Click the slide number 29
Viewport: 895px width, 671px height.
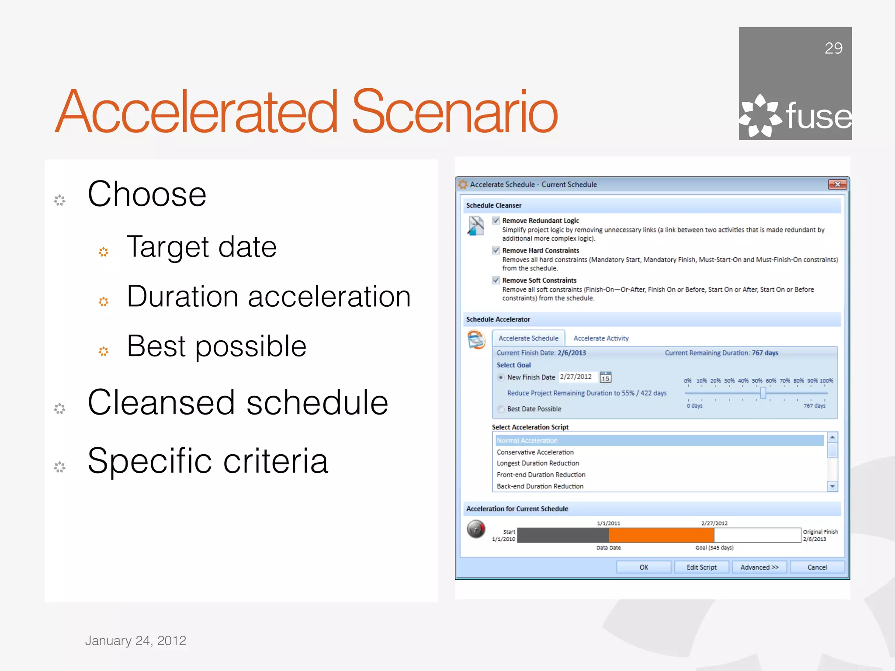tap(833, 48)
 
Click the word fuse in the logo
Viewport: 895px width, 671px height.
tap(818, 116)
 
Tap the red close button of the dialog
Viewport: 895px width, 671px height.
tap(837, 184)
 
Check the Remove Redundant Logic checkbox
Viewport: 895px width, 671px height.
tap(496, 220)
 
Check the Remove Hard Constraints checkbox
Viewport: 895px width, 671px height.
tap(496, 250)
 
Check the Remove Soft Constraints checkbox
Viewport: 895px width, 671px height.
tap(496, 280)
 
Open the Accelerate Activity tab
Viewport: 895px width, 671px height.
tap(601, 338)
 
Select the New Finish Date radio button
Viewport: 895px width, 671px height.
tap(501, 377)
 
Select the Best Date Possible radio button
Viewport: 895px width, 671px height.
tap(501, 409)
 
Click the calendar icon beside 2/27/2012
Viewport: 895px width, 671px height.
tap(605, 377)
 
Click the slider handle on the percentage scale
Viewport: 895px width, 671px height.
tap(763, 393)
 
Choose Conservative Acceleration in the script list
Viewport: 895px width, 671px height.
tap(535, 452)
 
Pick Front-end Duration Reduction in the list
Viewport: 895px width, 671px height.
tap(541, 474)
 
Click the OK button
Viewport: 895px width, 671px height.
tap(643, 567)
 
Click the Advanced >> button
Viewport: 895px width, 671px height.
tap(759, 567)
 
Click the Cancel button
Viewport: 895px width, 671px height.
tap(817, 567)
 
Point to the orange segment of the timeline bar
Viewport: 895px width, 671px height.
tap(661, 535)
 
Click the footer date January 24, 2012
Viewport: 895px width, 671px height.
tap(135, 640)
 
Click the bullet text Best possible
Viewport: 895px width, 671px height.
tap(216, 346)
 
